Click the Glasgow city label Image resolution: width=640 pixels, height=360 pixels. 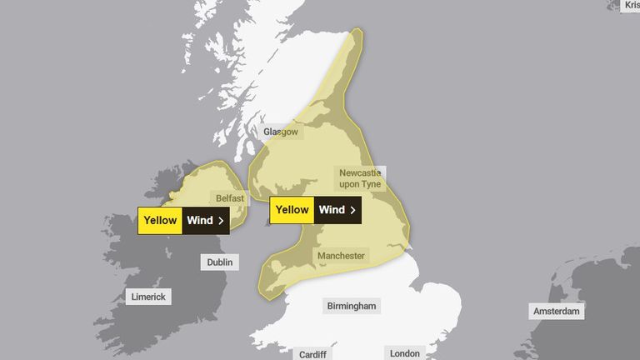click(x=280, y=132)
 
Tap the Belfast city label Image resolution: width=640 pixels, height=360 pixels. click(x=230, y=198)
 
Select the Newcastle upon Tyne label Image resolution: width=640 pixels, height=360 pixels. click(x=361, y=177)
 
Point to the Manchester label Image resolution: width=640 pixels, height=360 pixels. click(x=341, y=256)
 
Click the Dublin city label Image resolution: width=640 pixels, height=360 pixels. click(x=219, y=262)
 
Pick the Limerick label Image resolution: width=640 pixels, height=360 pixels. click(x=148, y=297)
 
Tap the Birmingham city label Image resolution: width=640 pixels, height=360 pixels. click(x=352, y=306)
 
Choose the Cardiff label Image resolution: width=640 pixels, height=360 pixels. click(x=313, y=354)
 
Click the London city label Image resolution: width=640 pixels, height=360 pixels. click(x=405, y=353)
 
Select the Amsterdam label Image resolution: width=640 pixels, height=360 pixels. click(x=557, y=312)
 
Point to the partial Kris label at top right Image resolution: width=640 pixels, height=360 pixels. click(x=631, y=5)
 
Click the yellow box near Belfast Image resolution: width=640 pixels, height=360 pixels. click(x=160, y=221)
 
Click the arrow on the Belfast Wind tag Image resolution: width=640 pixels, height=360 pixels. click(x=221, y=221)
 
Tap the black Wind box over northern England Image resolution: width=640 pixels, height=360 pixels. click(x=337, y=210)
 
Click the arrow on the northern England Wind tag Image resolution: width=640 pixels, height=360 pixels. click(x=352, y=210)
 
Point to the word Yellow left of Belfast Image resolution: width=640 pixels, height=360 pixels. click(x=160, y=221)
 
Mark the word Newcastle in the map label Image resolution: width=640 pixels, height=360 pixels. click(x=360, y=172)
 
